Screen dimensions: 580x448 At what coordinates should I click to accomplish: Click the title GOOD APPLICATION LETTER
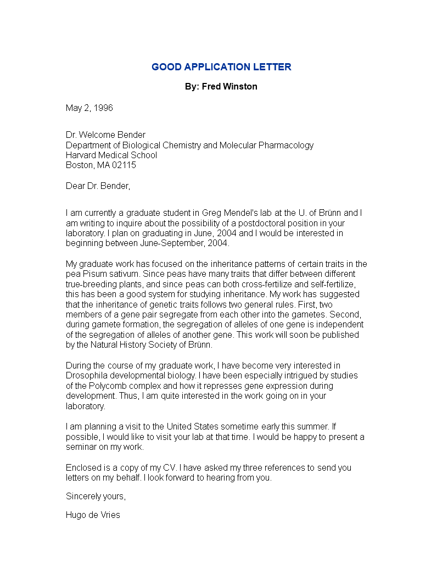(x=221, y=67)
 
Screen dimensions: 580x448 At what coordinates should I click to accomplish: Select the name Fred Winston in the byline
(x=229, y=87)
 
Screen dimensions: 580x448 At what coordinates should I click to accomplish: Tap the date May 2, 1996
(x=89, y=108)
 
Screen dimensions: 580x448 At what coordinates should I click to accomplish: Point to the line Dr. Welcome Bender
(x=106, y=135)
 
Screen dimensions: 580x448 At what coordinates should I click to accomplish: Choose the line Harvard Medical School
(x=111, y=155)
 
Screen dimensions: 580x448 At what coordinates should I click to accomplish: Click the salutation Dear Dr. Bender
(x=98, y=186)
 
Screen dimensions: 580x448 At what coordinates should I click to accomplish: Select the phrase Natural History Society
(x=138, y=345)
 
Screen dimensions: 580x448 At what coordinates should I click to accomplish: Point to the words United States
(x=193, y=427)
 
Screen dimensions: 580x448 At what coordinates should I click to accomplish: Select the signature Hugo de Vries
(x=93, y=515)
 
